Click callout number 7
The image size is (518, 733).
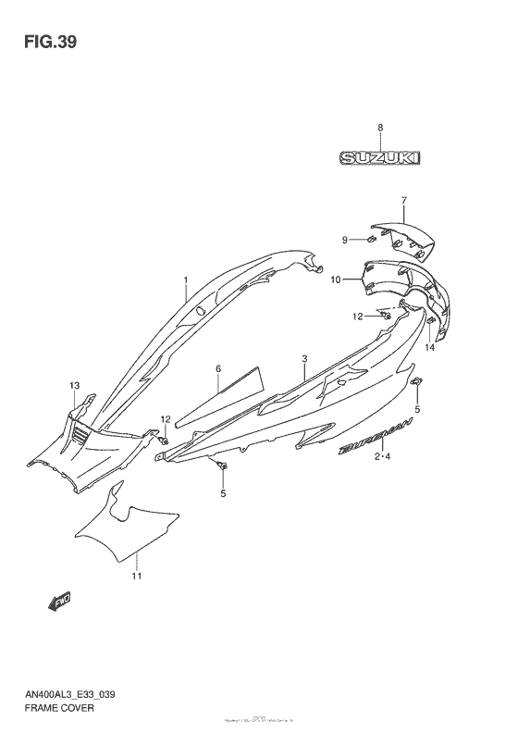click(x=403, y=201)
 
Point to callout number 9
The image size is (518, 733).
click(x=345, y=240)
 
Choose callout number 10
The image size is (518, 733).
click(x=336, y=279)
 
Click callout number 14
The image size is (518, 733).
click(x=429, y=348)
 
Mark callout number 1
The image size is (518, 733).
click(x=185, y=279)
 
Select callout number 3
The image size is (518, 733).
click(x=303, y=358)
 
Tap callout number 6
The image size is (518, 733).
click(x=218, y=368)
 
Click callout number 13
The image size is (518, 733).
click(x=74, y=384)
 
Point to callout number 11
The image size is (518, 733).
click(x=136, y=578)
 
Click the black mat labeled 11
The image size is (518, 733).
click(x=125, y=530)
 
